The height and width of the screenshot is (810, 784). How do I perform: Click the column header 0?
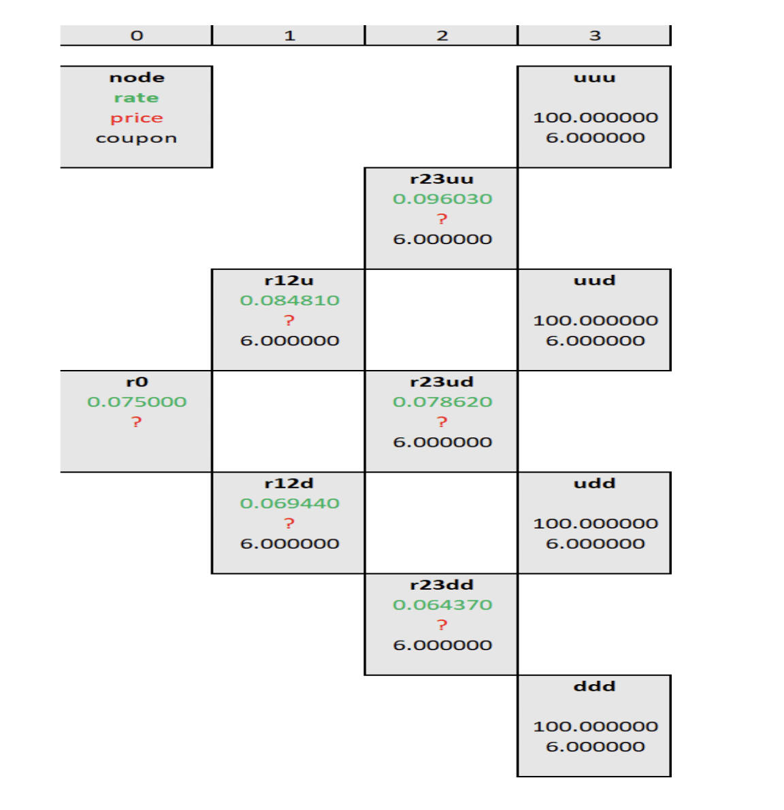point(137,35)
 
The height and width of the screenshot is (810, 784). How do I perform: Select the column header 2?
point(442,35)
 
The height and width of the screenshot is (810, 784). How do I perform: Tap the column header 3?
point(595,35)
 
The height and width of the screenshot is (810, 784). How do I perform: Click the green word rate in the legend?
point(136,98)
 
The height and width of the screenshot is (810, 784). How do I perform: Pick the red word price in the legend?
point(136,118)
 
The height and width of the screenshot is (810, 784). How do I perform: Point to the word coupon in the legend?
point(136,138)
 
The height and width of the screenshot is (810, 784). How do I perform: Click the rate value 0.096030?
point(442,199)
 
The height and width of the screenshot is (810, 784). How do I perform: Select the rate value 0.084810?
point(289,301)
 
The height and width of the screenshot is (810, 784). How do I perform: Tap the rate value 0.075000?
point(137,402)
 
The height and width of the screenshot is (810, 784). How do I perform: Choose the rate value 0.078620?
point(442,402)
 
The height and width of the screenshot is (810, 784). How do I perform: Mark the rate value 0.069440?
point(289,503)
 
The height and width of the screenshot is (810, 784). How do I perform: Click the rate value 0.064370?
point(442,605)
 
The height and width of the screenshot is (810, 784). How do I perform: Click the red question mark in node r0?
point(137,422)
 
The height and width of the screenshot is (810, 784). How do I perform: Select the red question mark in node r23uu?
point(442,219)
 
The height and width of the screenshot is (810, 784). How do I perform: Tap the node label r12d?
point(289,484)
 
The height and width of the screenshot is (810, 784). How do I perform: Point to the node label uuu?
point(595,78)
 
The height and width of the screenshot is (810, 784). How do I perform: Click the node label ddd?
point(595,686)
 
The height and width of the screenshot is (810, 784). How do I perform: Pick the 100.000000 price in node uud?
point(595,320)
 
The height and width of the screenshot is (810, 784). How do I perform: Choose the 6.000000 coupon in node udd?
point(595,543)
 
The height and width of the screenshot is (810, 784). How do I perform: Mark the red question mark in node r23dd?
point(442,625)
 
